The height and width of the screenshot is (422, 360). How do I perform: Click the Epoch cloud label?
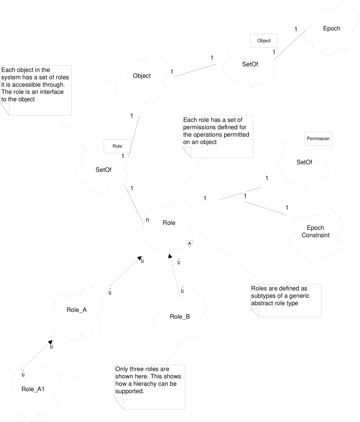332,28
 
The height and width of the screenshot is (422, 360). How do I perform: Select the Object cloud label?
141,76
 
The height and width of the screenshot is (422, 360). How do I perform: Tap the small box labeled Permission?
318,139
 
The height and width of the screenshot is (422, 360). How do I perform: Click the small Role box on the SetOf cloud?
117,146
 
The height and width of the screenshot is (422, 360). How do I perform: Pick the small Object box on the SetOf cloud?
264,40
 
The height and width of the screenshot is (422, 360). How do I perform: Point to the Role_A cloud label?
77,310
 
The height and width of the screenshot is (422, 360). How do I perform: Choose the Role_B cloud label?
180,316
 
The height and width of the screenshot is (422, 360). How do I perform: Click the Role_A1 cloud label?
33,388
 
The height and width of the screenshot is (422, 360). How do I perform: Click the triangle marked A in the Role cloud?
189,244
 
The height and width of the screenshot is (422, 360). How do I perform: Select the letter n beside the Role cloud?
147,220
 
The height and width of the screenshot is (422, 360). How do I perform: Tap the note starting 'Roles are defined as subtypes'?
285,300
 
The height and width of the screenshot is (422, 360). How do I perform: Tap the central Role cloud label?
169,223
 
